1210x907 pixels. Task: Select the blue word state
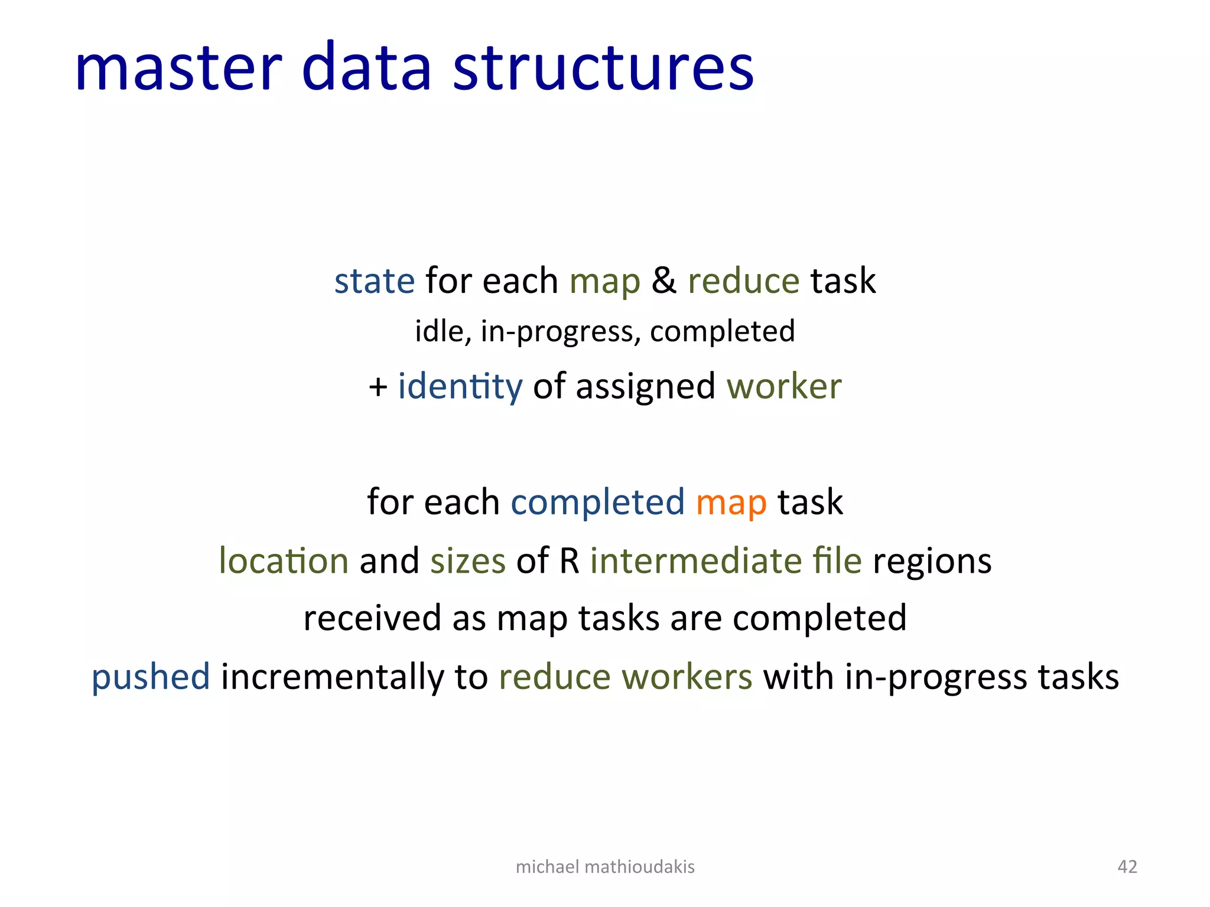[x=375, y=280]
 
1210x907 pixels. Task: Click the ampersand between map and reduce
[x=663, y=280]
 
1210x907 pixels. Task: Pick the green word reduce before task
[x=743, y=280]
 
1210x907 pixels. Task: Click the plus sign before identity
[x=378, y=387]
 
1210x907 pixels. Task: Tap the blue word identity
[x=460, y=387]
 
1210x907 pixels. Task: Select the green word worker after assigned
[x=784, y=387]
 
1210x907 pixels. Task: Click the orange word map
[x=731, y=503]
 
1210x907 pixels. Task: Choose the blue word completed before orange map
[x=597, y=503]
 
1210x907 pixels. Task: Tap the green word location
[x=284, y=560]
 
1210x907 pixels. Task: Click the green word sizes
[x=468, y=561]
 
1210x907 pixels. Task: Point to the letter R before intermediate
[x=570, y=560]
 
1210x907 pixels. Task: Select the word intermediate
[x=695, y=560]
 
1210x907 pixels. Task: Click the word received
[x=372, y=618]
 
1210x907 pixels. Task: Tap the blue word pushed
[x=151, y=677]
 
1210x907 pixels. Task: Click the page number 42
[x=1127, y=866]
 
